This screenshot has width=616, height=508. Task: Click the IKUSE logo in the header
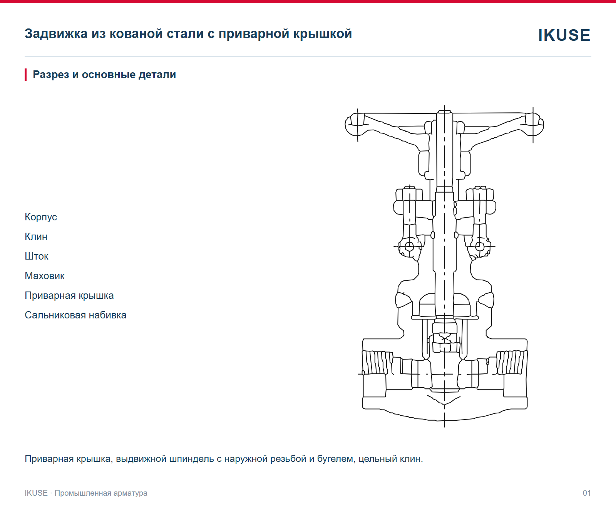(564, 35)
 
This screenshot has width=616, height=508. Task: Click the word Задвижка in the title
(56, 34)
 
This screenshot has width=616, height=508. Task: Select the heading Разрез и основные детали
(104, 75)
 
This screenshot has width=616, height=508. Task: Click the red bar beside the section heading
(26, 75)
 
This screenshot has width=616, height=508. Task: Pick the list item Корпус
(41, 217)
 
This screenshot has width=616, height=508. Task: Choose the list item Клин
(36, 237)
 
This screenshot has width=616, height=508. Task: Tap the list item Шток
(37, 256)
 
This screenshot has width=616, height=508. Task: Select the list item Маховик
(45, 276)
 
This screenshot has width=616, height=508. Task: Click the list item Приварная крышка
(69, 295)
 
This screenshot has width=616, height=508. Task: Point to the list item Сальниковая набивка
(76, 315)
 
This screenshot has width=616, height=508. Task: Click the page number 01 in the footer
(587, 493)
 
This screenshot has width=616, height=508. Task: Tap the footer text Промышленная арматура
(101, 493)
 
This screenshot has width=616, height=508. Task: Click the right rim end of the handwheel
(534, 125)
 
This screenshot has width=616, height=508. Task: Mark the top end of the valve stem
(444, 112)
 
